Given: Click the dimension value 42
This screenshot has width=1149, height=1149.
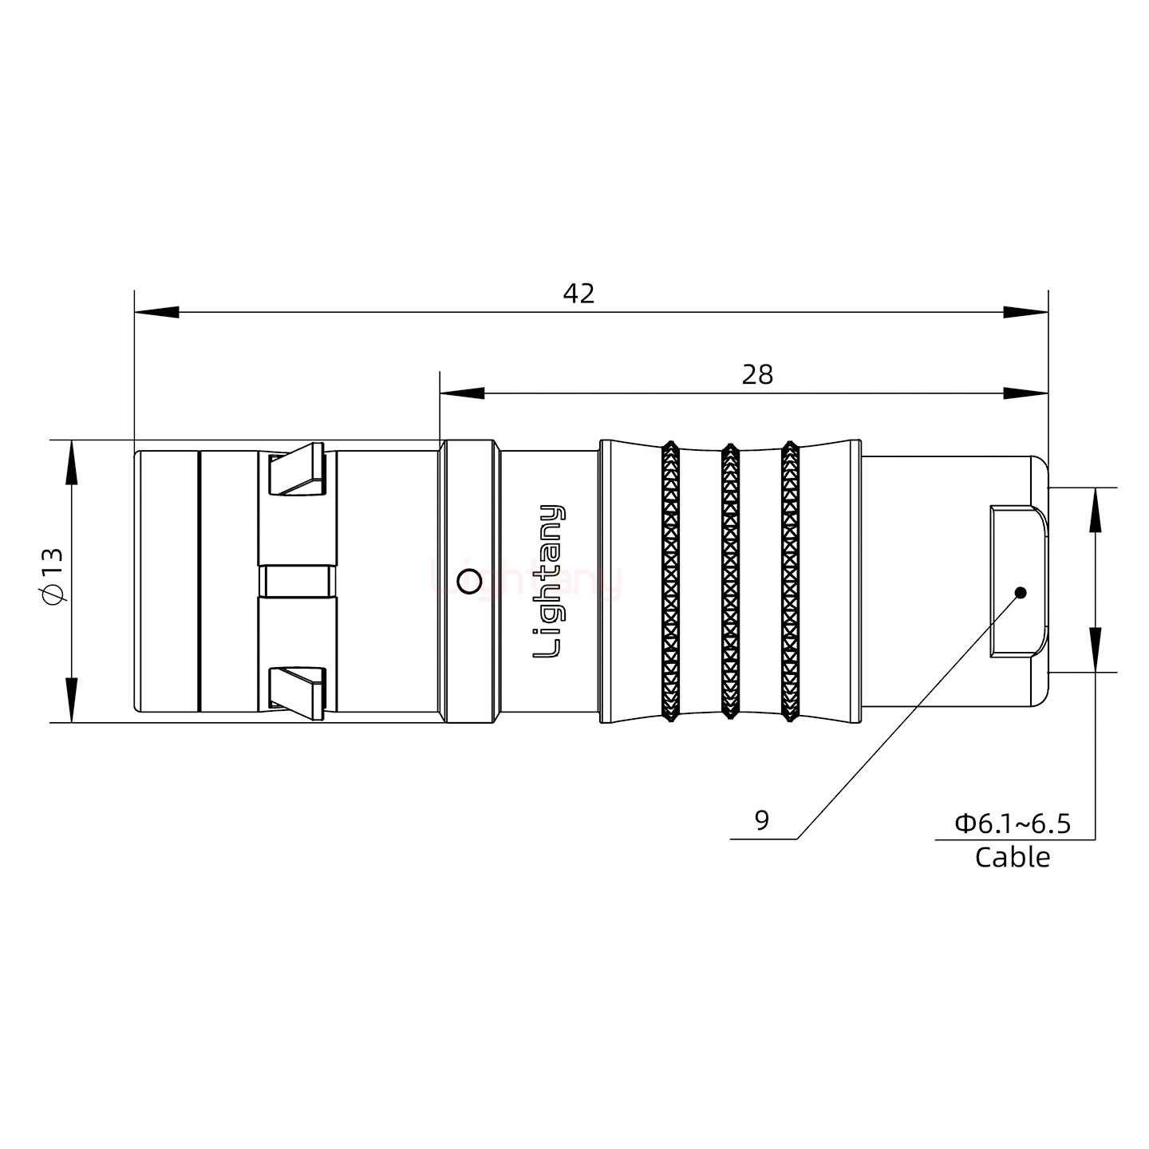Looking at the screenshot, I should click(578, 294).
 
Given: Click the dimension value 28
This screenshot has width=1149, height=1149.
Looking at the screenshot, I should click(756, 374).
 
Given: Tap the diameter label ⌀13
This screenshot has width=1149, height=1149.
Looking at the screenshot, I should click(53, 577).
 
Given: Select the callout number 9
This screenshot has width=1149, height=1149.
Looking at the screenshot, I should click(761, 820).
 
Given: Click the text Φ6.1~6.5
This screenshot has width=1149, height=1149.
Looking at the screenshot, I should click(1013, 823).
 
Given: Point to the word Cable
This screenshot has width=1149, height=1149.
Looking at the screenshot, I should click(1013, 858).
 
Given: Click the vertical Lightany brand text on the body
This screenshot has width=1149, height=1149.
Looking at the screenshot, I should click(548, 581).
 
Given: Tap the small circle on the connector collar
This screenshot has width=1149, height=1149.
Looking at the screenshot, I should click(470, 582).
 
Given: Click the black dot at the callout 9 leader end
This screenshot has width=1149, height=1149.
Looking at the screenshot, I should click(1019, 593).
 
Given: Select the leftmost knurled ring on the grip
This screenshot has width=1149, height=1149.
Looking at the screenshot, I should click(670, 581).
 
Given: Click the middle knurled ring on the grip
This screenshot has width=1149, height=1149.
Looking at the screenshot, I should click(729, 581).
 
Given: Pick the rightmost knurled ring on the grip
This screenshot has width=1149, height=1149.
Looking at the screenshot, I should click(790, 581).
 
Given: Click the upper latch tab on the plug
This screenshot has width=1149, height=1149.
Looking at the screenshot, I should click(298, 472).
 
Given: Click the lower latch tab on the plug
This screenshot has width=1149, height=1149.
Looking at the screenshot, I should click(298, 690).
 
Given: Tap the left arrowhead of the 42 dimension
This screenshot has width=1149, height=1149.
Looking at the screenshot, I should click(156, 312).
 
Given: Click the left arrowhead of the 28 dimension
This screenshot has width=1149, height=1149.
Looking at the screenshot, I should click(461, 393).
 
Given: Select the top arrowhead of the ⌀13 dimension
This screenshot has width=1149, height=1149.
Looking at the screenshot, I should click(72, 463).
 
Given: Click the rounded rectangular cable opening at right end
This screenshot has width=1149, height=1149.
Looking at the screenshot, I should click(1017, 581).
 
